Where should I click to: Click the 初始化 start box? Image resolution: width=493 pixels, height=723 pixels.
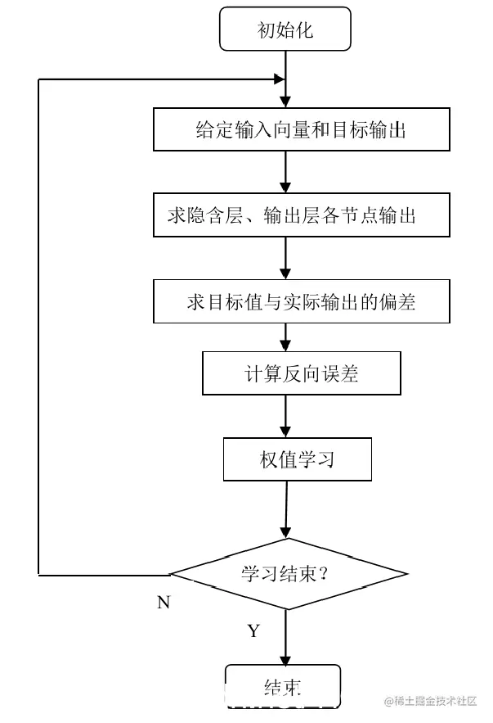(285, 30)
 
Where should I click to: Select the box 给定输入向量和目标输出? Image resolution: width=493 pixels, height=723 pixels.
(301, 130)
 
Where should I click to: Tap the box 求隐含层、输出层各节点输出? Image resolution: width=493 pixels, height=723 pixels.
(301, 215)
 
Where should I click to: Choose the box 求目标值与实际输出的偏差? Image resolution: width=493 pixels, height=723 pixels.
(301, 301)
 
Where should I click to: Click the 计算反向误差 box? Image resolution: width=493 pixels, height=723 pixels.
(301, 374)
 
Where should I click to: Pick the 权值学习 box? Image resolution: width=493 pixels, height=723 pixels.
(297, 459)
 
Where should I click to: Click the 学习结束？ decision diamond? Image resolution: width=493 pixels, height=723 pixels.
(286, 572)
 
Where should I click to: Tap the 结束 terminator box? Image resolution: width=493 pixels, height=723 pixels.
(283, 685)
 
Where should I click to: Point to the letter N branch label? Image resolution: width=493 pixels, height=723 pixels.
(164, 603)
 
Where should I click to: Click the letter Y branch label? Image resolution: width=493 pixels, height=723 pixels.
(253, 630)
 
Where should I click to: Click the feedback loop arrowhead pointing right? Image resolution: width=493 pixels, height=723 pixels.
(279, 79)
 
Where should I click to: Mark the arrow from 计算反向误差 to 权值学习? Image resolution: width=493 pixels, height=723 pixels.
(285, 417)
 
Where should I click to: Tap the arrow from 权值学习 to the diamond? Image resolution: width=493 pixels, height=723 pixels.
(285, 509)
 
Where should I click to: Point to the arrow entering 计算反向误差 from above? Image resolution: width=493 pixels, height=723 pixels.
(285, 338)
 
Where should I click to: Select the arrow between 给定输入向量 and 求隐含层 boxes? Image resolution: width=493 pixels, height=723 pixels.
(285, 172)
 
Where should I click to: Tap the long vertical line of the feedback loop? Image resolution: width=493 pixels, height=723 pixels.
(39, 328)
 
